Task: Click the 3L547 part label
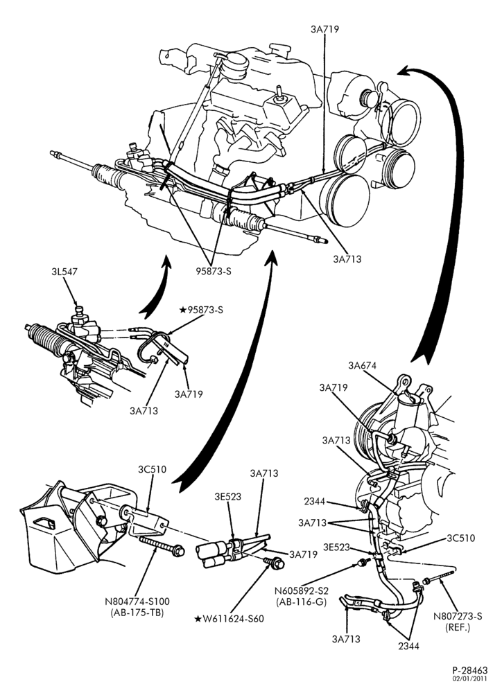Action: point(64,272)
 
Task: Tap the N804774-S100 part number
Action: point(137,602)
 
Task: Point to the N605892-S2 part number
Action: point(300,591)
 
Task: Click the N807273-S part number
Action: point(458,616)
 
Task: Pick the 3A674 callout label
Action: point(362,365)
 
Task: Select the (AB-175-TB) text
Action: point(137,613)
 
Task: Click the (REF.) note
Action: point(458,627)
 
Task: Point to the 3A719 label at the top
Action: point(324,29)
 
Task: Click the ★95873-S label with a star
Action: point(201,310)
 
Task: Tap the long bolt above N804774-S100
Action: point(162,545)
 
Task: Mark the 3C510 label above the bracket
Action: point(152,469)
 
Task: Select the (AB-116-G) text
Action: point(300,602)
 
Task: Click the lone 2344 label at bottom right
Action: point(408,646)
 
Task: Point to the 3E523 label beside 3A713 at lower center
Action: point(228,497)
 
